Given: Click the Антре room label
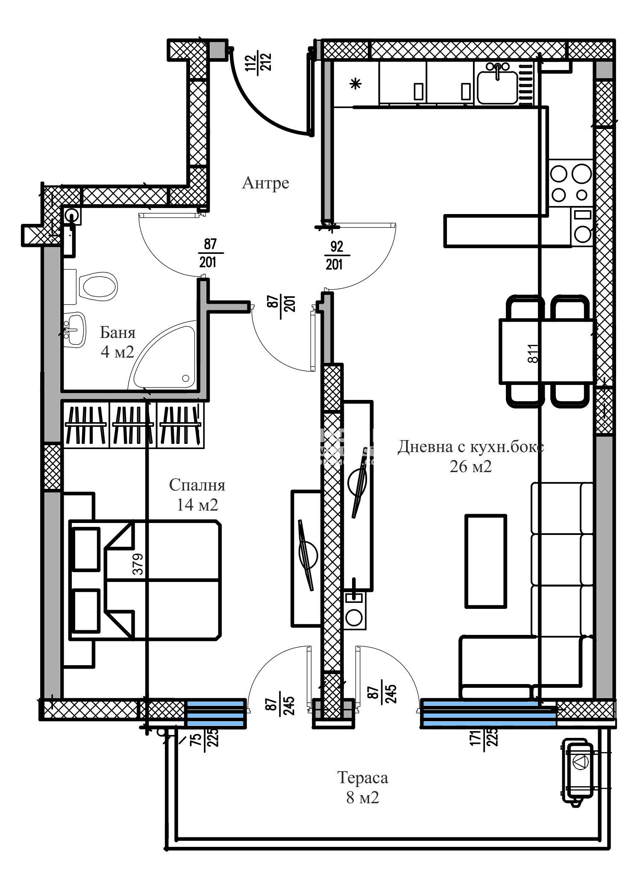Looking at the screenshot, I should [x=265, y=183].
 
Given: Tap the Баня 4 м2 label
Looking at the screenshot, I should [x=117, y=342].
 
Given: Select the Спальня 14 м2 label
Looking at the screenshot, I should [x=197, y=495].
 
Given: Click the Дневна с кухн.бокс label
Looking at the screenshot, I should [x=471, y=447].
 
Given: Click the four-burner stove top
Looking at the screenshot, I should [x=570, y=183].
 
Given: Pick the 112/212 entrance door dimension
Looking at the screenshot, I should [x=257, y=63].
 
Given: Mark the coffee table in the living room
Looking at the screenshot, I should [x=485, y=561].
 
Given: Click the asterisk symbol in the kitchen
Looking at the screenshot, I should [x=355, y=84].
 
